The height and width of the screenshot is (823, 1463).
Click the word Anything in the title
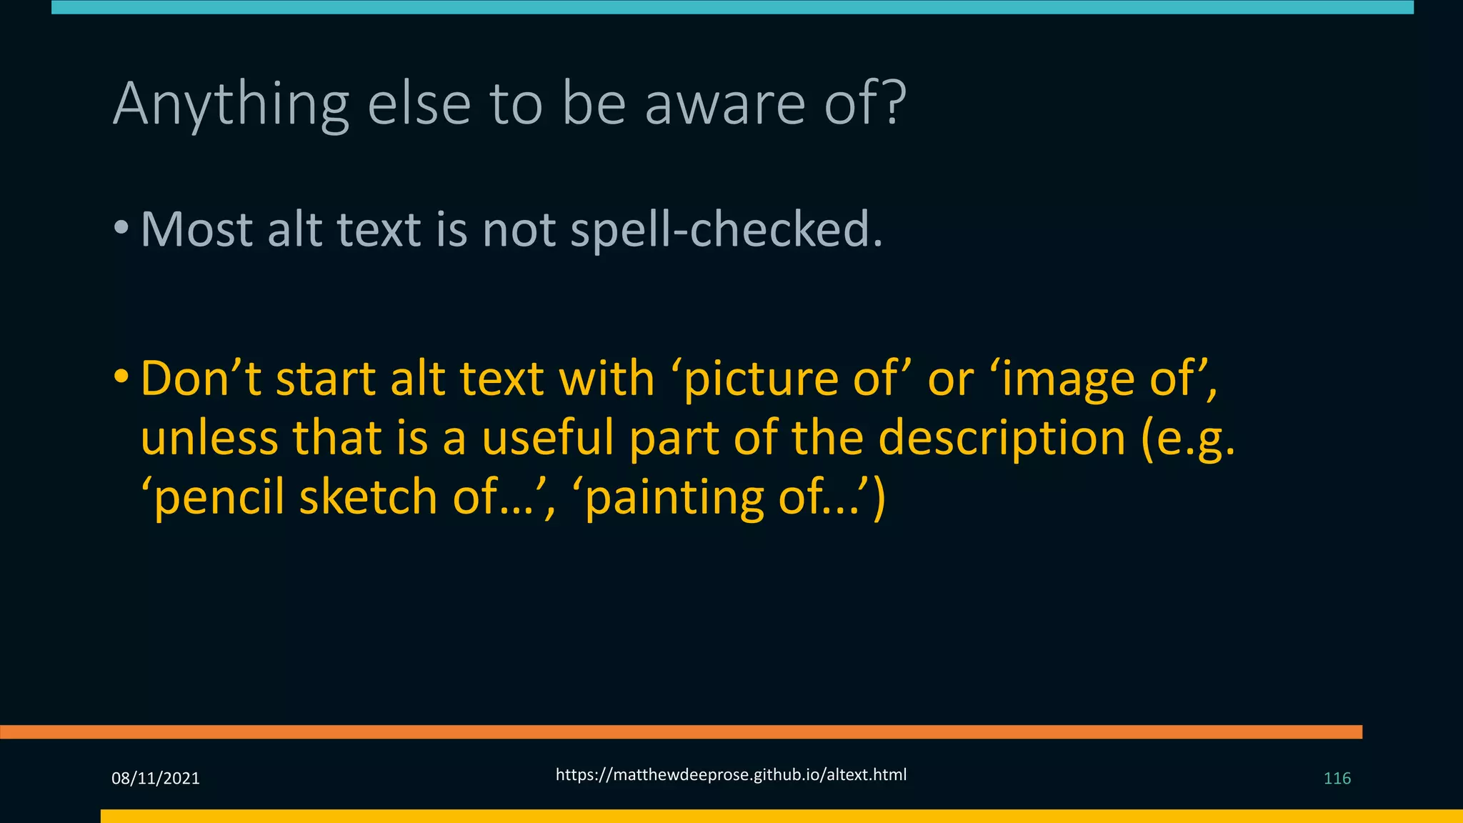tap(231, 105)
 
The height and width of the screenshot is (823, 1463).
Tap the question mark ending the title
tap(892, 104)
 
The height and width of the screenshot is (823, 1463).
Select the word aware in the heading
tap(725, 105)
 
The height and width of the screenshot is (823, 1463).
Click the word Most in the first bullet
tap(196, 229)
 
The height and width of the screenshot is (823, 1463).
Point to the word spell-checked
tap(726, 231)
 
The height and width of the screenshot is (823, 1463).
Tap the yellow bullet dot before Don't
tap(121, 376)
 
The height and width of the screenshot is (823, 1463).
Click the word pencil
tap(219, 498)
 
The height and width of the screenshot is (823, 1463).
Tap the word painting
tap(675, 498)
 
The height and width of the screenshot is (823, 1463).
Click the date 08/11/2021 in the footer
tap(156, 779)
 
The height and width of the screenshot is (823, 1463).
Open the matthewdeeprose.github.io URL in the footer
tap(731, 775)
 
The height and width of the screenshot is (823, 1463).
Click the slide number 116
tap(1337, 779)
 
